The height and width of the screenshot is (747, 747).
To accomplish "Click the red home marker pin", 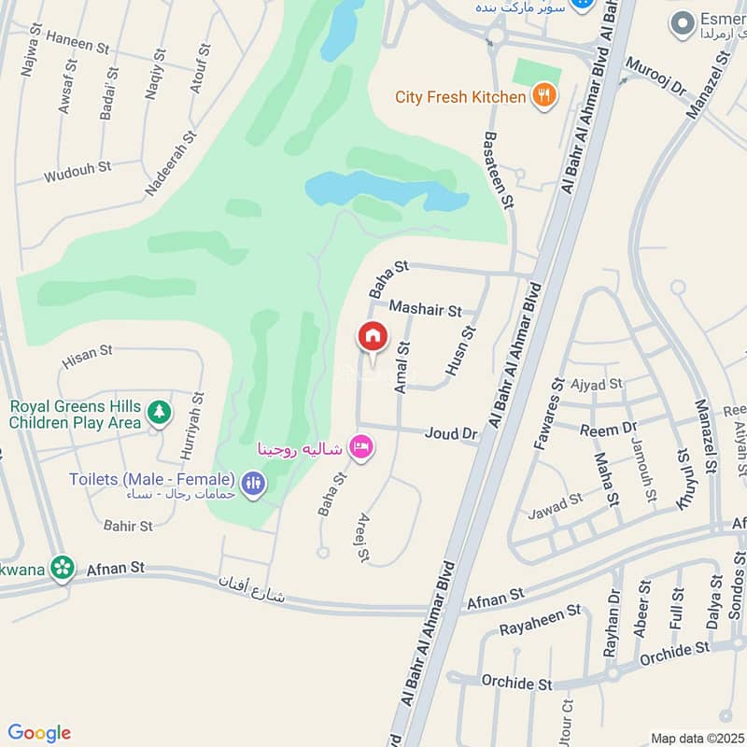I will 373,337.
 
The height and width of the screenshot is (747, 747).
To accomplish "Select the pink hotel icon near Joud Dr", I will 361,448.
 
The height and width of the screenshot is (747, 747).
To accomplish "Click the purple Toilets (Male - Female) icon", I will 253,483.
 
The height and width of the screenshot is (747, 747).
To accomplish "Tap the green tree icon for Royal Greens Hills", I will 160,412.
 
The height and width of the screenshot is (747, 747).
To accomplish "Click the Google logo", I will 38,733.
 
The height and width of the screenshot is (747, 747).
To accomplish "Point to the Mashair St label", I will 425,308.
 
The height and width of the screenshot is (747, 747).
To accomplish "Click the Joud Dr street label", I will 450,433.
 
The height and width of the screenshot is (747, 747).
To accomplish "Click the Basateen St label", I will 496,169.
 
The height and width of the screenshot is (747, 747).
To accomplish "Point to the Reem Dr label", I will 607,430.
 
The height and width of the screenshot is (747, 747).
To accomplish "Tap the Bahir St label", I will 129,527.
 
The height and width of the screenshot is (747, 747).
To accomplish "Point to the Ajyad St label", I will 596,384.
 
